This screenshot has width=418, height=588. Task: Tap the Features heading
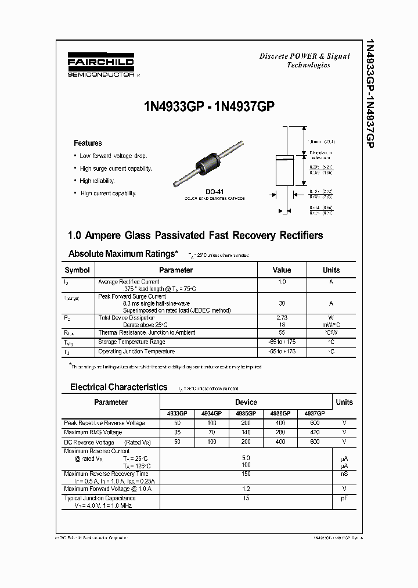[x=88, y=143]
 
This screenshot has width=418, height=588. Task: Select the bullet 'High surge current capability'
[x=116, y=168]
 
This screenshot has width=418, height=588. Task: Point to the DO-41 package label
[x=214, y=191]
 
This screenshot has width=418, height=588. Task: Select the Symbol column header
[x=77, y=270]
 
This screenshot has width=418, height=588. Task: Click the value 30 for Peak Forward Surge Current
[x=282, y=303]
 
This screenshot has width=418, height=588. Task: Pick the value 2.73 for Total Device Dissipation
[x=282, y=318]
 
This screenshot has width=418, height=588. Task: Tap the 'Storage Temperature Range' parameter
[x=135, y=342]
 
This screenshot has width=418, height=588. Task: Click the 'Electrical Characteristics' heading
[x=118, y=387]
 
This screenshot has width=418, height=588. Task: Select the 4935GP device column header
[x=246, y=413]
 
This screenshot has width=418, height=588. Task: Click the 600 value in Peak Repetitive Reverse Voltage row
[x=315, y=423]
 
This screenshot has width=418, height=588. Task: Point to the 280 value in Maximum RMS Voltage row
[x=280, y=432]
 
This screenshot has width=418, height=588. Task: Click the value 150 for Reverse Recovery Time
[x=246, y=474]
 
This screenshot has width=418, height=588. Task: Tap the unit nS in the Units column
[x=344, y=474]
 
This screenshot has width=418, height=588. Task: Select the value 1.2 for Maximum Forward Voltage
[x=246, y=489]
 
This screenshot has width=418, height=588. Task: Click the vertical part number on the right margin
[x=367, y=93]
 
